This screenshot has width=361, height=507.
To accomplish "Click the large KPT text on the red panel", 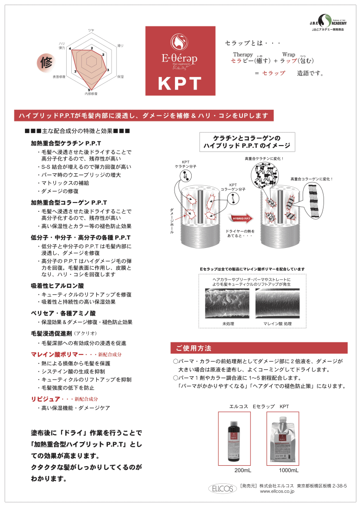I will [180, 83].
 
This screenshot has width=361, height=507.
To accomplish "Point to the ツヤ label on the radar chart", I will [91, 30].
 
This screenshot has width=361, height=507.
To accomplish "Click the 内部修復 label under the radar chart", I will [91, 94].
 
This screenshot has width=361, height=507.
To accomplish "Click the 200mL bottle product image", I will [234, 438].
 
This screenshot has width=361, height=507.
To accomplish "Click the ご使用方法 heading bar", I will [259, 348].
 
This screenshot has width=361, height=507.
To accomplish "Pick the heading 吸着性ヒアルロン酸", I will [57, 285].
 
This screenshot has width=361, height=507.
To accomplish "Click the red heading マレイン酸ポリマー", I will [57, 354].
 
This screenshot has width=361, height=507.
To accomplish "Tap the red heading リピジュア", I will [46, 399].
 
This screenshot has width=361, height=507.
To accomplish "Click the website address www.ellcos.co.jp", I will [277, 491].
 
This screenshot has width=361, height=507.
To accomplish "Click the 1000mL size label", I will [288, 470].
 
